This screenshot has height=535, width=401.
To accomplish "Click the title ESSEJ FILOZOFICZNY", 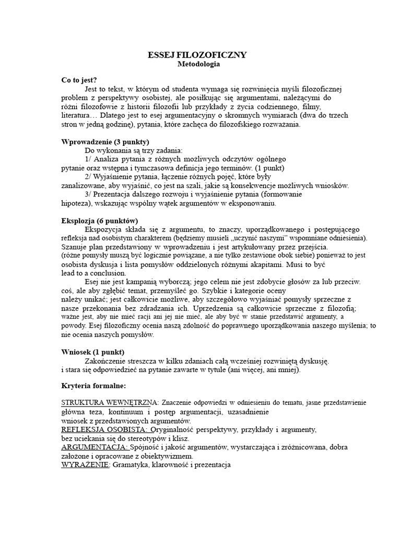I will point(197,55).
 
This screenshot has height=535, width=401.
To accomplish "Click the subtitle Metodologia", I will point(197,65).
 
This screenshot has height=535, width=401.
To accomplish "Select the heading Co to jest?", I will point(79,80).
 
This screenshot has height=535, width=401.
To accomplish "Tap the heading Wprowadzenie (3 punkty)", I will point(105,142).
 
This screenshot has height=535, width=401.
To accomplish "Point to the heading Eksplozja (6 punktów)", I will point(99,221).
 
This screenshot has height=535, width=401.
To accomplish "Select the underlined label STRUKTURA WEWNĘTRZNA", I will point(110,403).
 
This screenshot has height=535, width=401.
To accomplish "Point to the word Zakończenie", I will point(108,361).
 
